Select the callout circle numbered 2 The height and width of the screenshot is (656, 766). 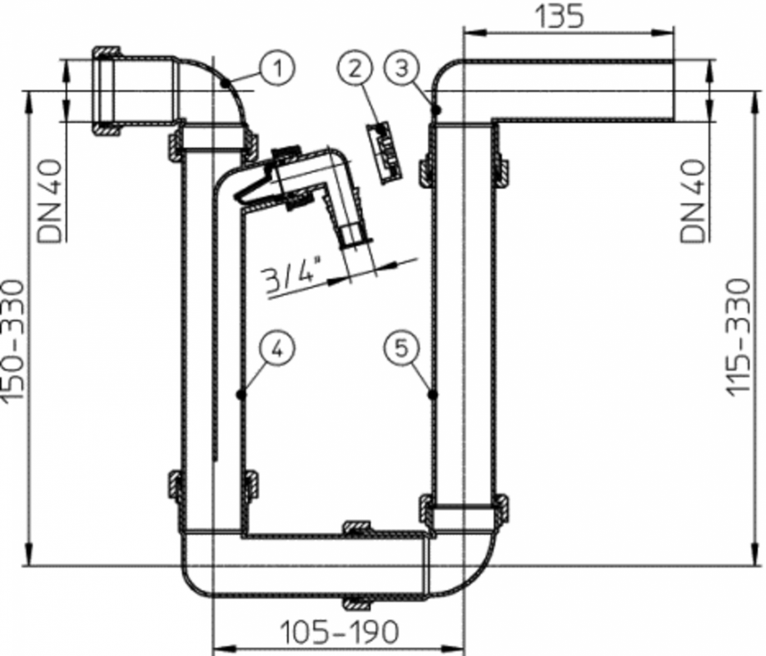356,69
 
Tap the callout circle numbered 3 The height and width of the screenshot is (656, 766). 403,69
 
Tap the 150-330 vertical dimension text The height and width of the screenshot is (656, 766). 16,341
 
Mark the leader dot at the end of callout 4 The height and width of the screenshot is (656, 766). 240,393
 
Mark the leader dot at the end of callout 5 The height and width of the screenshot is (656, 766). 430,393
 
